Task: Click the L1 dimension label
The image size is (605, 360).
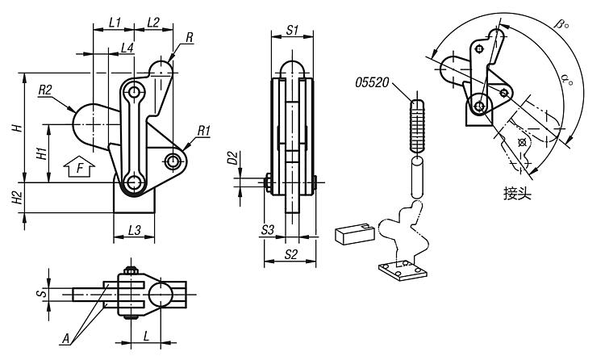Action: [x=115, y=22]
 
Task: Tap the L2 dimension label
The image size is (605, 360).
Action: [x=153, y=22]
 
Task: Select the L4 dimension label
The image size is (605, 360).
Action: [x=127, y=48]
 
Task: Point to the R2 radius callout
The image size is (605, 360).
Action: [x=45, y=90]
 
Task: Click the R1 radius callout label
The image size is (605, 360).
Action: [x=204, y=131]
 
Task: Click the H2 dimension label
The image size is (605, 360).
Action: [x=18, y=198]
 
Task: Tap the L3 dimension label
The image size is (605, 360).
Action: [x=134, y=231]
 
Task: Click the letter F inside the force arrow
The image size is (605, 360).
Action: [x=80, y=169]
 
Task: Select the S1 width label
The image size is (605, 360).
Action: [x=292, y=30]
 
